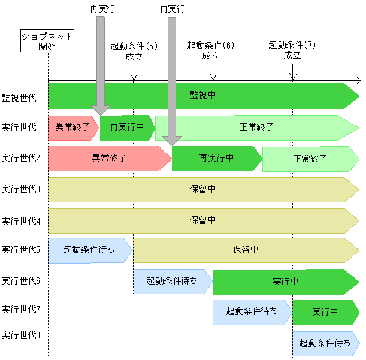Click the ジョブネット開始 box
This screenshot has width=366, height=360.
coord(47,41)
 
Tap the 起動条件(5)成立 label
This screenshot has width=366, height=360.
coord(134,51)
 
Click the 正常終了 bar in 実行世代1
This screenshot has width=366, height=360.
coord(256,128)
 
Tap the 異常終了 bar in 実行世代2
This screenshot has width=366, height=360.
coord(108,159)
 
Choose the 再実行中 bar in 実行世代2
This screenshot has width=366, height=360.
coord(216,159)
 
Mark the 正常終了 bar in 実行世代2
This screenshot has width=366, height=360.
coord(310,159)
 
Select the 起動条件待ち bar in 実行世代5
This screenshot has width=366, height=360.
coord(89,250)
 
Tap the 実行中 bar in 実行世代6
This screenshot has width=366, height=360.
coord(285,282)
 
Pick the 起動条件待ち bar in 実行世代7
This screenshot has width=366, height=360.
coord(252,312)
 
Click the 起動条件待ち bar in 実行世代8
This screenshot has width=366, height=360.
coord(325,343)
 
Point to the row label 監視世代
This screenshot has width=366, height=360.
coord(19,96)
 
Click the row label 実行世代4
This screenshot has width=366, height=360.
coord(20,221)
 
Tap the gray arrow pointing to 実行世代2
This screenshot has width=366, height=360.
coord(172,81)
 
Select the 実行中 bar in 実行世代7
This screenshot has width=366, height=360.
coord(325,312)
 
